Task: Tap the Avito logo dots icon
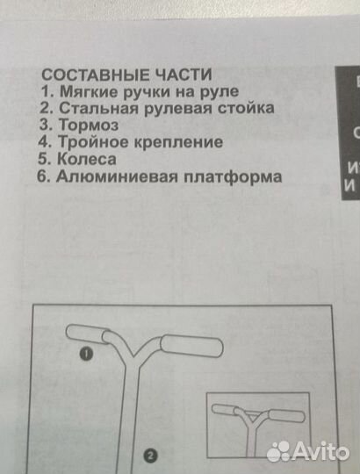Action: coord(278,451)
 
